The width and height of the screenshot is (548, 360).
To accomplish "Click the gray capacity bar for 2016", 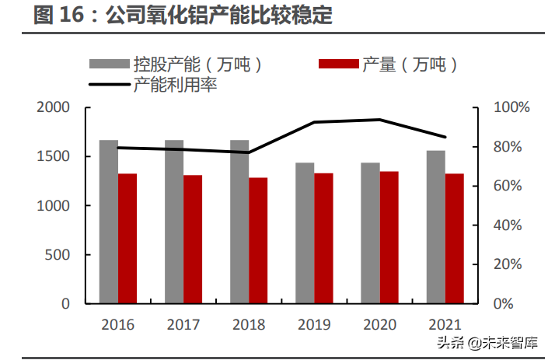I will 108,222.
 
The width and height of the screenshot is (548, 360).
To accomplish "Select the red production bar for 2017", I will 193,239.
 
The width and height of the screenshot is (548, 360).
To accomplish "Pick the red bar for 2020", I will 389,237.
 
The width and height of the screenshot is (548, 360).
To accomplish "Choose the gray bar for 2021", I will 435,226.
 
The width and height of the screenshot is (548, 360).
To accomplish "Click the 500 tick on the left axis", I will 59,255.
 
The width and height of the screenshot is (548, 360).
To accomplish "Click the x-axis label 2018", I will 248,324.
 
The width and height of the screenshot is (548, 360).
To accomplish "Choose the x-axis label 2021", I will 445,324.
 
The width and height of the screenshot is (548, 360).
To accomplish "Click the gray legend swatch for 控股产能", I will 108,65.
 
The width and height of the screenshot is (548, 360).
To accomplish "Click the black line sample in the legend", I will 108,85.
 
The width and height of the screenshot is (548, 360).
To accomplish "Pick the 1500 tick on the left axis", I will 55,157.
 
